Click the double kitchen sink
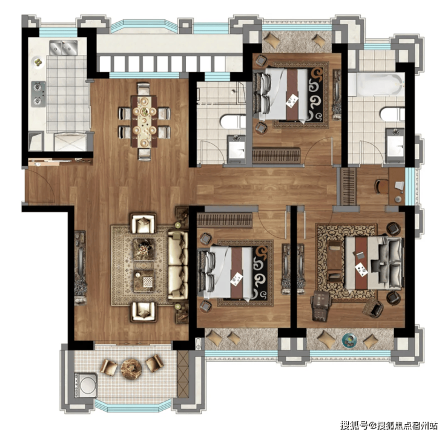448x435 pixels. [x=64, y=47]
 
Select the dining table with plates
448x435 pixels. [x=144, y=122]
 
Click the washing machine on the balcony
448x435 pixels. [x=86, y=385]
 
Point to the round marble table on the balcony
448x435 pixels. [x=131, y=369]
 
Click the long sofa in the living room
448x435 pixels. [x=178, y=265]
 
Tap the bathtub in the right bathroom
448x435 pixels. [x=377, y=85]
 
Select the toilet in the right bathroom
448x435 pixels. [x=392, y=114]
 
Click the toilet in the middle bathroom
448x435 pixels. [x=232, y=122]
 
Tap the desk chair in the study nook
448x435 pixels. [x=381, y=187]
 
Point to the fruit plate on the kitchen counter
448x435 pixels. [x=38, y=62]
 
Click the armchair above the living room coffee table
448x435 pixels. [x=143, y=223]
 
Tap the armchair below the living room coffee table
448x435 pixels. [x=143, y=312]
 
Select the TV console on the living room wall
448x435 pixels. [x=81, y=268]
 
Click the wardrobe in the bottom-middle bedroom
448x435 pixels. [x=225, y=220]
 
